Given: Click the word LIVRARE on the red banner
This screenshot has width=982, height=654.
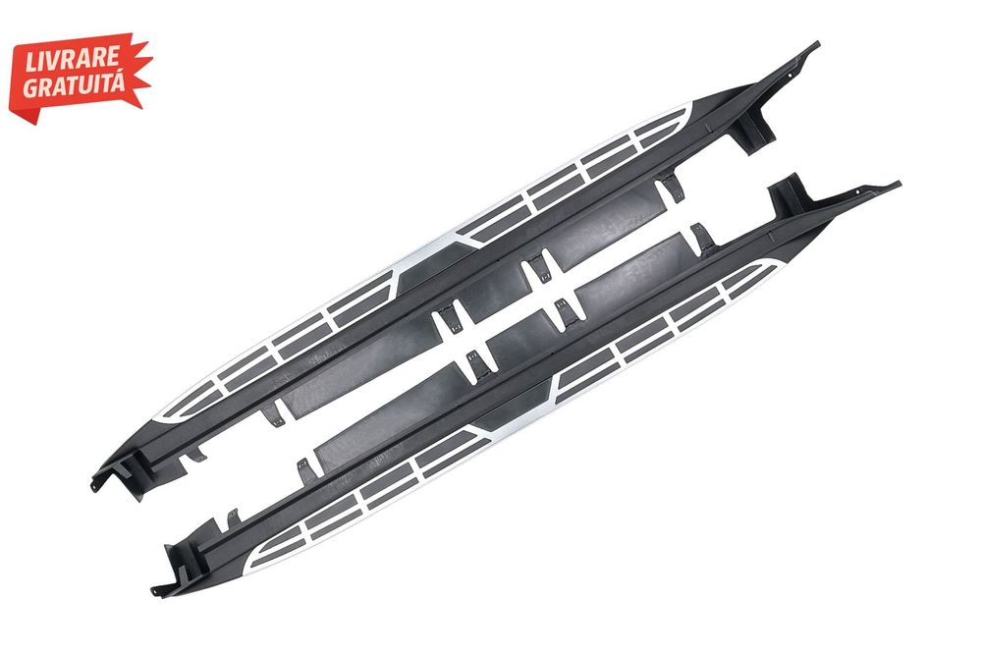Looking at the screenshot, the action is point(72,58).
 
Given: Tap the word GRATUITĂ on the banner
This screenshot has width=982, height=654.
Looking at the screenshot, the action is point(74,84).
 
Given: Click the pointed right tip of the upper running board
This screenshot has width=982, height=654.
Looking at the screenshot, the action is point(817,43).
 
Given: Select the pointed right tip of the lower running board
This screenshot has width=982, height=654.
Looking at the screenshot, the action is point(899,184).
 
